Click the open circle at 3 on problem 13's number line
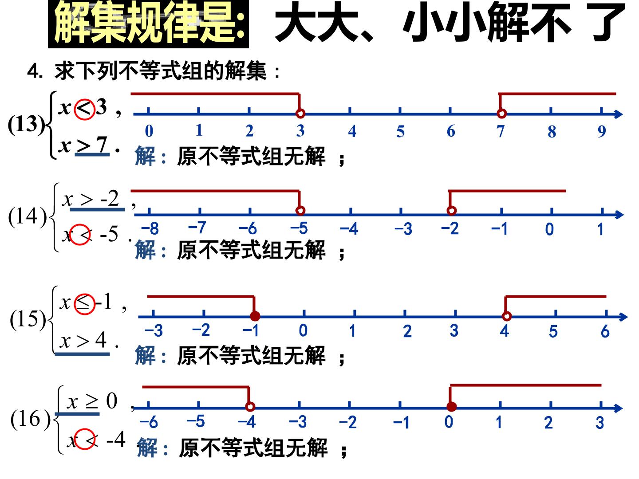click(x=300, y=113)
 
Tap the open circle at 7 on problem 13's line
click(x=501, y=113)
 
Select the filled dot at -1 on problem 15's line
click(x=255, y=316)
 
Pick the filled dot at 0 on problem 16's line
click(x=452, y=407)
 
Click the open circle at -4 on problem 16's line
click(x=250, y=407)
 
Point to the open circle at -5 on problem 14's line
click(x=300, y=210)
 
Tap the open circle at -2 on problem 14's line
click(x=452, y=210)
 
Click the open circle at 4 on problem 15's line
click(x=507, y=316)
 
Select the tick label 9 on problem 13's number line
click(x=602, y=131)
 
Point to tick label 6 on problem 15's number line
click(x=605, y=331)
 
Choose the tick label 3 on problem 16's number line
click(x=600, y=423)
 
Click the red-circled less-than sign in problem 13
click(x=84, y=109)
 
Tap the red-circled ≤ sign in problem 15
click(x=84, y=304)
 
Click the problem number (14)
click(x=28, y=217)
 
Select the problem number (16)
click(x=30, y=419)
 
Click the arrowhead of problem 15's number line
click(x=623, y=317)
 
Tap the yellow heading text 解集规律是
click(x=149, y=23)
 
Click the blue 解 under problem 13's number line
click(x=145, y=156)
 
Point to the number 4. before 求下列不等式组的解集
click(x=35, y=71)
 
